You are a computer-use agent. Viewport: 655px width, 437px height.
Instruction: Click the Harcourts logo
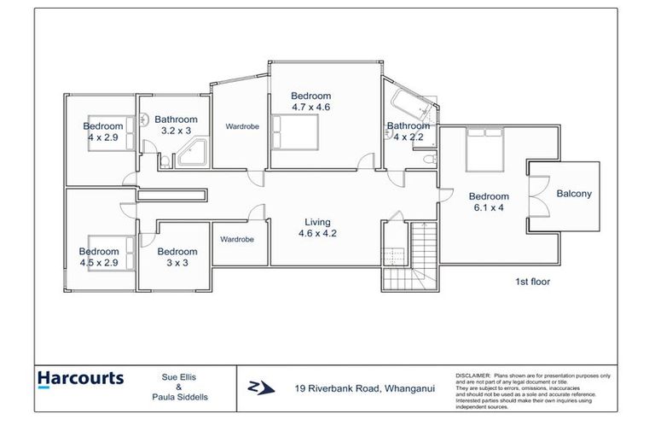(80, 378)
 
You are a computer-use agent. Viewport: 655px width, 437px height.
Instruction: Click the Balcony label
(573, 194)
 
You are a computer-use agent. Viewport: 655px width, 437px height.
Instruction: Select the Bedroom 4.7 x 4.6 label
(310, 102)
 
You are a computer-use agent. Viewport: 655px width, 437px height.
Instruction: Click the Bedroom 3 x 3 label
(177, 257)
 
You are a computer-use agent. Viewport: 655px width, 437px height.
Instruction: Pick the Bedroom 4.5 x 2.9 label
(99, 257)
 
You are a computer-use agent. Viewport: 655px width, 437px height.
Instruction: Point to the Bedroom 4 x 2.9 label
(104, 131)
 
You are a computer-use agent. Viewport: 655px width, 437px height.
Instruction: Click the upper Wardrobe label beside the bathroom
(242, 126)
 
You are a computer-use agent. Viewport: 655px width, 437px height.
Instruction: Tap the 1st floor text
(530, 281)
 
